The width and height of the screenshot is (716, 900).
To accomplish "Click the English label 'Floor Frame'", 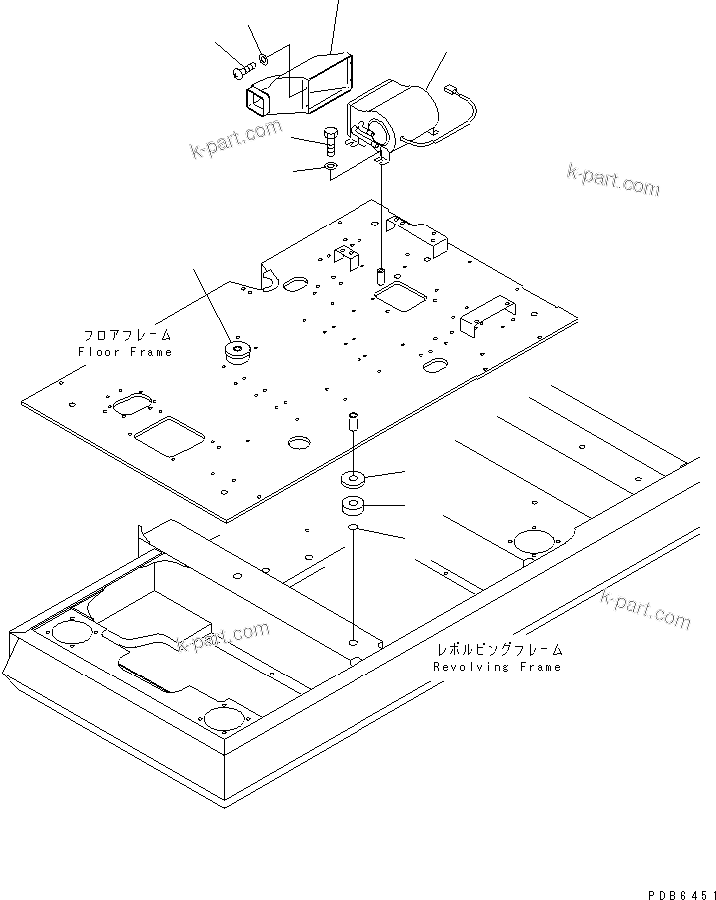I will click(125, 352).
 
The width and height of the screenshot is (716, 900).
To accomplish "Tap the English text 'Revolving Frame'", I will click(497, 666).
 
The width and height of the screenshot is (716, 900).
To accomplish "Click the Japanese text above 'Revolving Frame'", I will click(497, 649).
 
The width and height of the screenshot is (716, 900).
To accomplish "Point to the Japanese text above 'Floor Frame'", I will click(127, 336).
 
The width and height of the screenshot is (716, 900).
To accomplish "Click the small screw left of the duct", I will click(243, 72).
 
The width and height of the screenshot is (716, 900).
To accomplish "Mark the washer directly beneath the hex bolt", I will click(331, 167).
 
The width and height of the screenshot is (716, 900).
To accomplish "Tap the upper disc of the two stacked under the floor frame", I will click(354, 477).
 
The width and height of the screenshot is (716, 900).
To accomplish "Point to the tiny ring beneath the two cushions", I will click(354, 527).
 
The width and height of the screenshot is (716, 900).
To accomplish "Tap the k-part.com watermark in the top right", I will click(613, 181).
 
